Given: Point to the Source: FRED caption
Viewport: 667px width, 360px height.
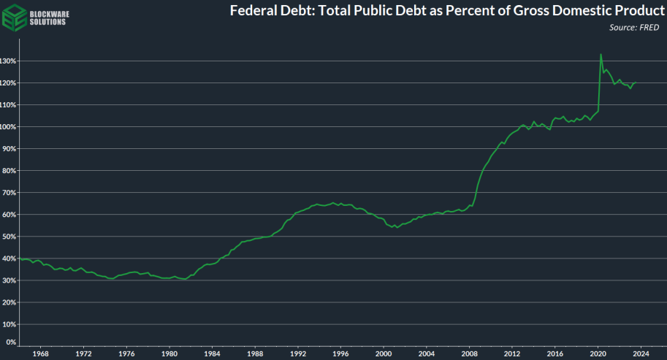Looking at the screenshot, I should [x=633, y=27].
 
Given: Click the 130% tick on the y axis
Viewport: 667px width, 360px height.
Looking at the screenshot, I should [x=9, y=61].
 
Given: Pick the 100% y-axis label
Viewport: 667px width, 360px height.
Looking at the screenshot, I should [x=9, y=127].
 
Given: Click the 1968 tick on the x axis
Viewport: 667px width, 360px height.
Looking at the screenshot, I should [x=40, y=353].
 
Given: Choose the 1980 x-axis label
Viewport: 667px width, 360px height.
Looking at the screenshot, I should [x=169, y=353].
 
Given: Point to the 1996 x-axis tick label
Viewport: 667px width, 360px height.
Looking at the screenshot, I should [x=341, y=353].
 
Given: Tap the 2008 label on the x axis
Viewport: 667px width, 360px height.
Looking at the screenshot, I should [x=470, y=353].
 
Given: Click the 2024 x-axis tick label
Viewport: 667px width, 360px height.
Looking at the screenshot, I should [x=641, y=353].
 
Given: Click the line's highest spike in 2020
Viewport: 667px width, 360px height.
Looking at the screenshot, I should [x=601, y=54].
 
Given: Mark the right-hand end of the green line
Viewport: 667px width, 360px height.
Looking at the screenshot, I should [x=636, y=83].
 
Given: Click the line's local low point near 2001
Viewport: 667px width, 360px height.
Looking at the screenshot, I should [x=396, y=228].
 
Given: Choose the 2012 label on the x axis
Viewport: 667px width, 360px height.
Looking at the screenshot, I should [x=513, y=353].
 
